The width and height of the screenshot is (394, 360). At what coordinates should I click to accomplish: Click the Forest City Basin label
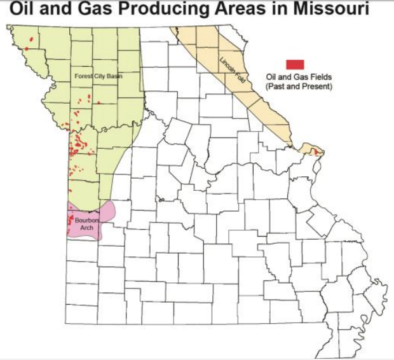coord(98,76)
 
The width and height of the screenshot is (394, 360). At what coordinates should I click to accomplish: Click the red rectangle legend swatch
coord(295,64)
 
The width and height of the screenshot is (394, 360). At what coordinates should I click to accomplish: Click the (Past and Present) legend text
coord(299,85)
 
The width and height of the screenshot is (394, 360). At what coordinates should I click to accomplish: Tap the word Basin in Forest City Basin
coord(114,76)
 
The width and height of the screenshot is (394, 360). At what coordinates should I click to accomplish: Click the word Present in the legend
coord(316,85)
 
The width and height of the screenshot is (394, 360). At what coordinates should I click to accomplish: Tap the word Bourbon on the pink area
coord(85,220)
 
